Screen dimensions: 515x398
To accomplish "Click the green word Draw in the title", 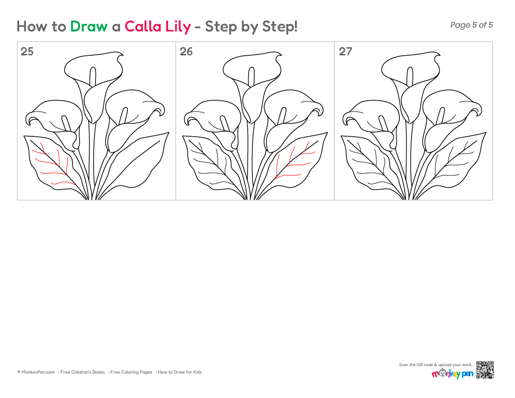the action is (x=88, y=26).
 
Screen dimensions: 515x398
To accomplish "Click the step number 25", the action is (x=27, y=52).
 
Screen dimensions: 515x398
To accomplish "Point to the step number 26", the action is (x=186, y=52).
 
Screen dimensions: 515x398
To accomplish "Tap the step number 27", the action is (x=345, y=52).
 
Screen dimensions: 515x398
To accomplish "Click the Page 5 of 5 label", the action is (x=471, y=25).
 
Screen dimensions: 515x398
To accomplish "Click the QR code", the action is (x=485, y=370).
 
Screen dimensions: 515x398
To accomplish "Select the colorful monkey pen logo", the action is (x=452, y=373).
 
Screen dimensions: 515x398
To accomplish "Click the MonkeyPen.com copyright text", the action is (x=36, y=372).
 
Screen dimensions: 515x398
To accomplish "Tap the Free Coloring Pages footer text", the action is (x=132, y=372).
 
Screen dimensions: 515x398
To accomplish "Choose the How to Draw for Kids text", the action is (x=180, y=372).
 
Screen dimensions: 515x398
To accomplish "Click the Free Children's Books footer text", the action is (x=82, y=372).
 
